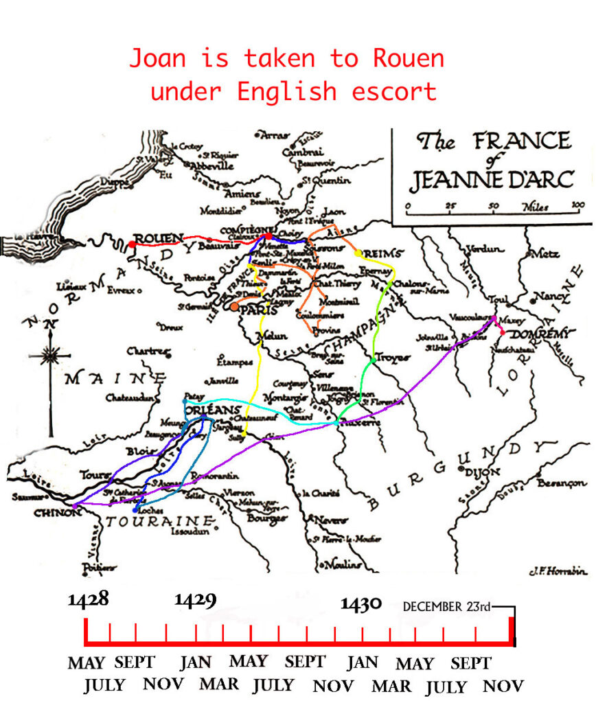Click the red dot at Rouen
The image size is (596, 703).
131,244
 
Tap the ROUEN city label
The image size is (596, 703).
158,238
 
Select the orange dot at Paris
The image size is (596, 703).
235,307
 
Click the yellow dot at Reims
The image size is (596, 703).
358,253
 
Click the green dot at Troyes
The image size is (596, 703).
372,359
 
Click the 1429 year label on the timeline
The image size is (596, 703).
195,600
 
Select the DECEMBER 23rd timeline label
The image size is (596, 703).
446,607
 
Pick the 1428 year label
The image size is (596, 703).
89,599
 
